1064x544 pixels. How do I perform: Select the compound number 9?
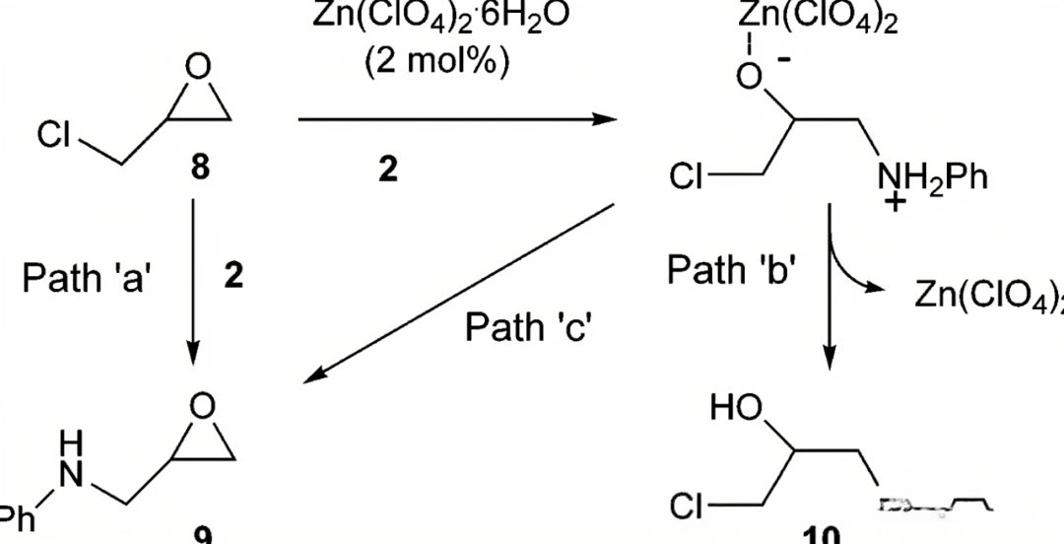coord(202,535)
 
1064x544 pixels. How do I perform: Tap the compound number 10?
coord(822,535)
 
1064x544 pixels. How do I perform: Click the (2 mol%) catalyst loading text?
coord(437,61)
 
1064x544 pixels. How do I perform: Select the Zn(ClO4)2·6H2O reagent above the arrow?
coord(439,17)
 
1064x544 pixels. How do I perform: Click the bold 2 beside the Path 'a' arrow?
coord(233,276)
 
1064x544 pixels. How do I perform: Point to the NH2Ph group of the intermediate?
coord(931,178)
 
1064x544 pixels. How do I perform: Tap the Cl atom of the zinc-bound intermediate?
coord(687,178)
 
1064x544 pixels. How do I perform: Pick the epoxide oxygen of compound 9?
coord(201,404)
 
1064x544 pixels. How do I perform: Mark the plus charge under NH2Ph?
coord(895,205)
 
